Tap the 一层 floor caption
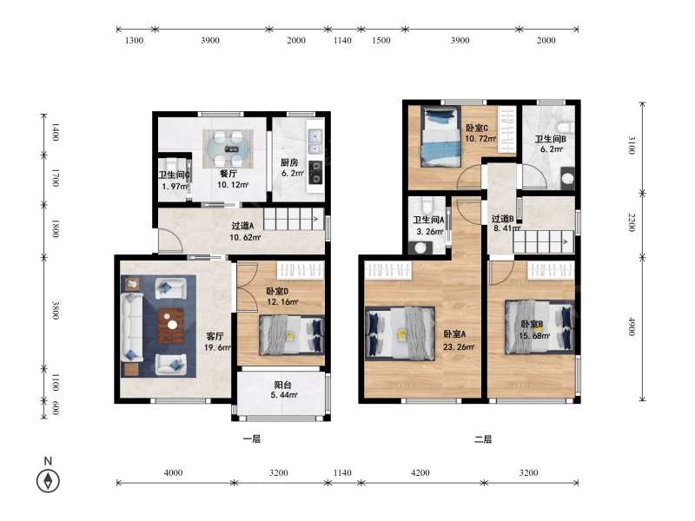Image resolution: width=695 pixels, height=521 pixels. [252, 439]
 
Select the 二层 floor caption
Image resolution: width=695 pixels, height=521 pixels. [483, 439]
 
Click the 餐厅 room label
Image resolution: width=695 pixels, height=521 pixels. [228, 174]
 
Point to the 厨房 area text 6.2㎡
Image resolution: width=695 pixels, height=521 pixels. [293, 173]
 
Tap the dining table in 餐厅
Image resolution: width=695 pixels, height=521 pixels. [228, 148]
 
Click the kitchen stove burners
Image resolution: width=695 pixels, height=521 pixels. [315, 172]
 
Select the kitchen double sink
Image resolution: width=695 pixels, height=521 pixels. [315, 141]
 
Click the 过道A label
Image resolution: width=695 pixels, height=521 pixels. [242, 226]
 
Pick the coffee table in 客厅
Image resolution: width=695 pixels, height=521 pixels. [171, 326]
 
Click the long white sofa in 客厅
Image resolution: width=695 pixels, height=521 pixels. [132, 326]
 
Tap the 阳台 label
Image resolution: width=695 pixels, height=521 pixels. [283, 385]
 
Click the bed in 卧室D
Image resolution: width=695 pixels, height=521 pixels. [292, 335]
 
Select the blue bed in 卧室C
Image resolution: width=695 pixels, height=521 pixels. [440, 137]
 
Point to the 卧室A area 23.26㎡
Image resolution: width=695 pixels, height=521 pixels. [459, 346]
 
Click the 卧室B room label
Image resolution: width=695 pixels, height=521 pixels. [532, 324]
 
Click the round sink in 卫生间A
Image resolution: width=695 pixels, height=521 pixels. [420, 247]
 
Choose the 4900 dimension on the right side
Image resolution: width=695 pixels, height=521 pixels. [632, 326]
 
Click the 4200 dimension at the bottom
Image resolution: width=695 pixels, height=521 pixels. [420, 472]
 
